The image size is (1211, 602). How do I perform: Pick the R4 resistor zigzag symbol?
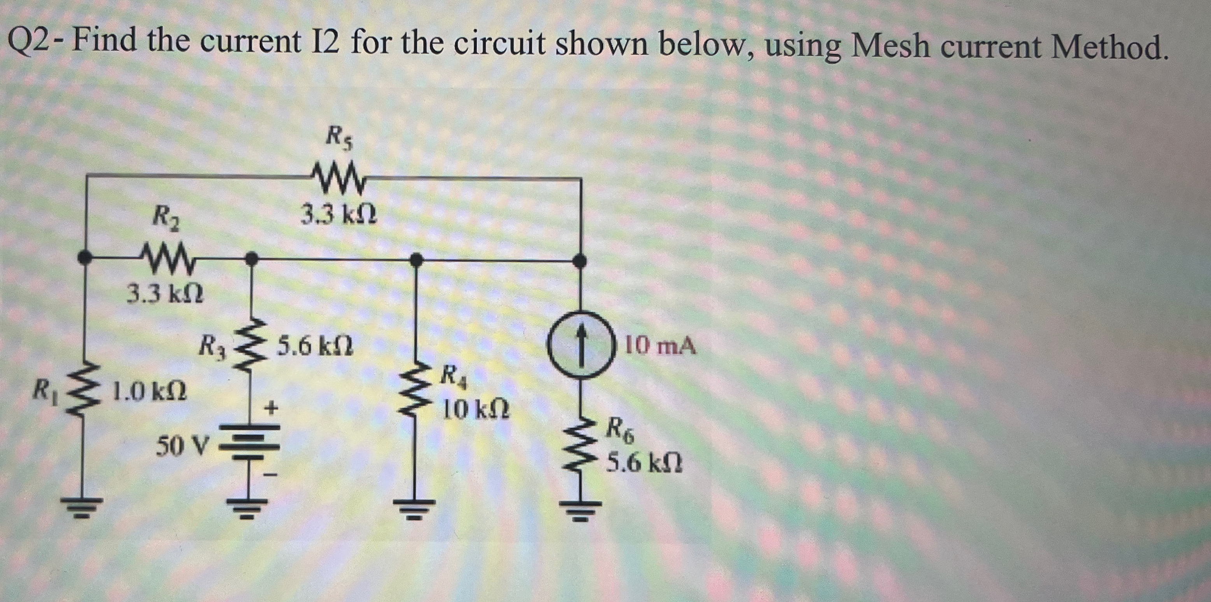pyautogui.click(x=415, y=391)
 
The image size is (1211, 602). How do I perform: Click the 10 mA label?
pyautogui.click(x=661, y=347)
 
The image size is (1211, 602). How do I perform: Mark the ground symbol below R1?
pyautogui.click(x=85, y=505)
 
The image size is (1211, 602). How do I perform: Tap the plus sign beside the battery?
pyautogui.click(x=271, y=407)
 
